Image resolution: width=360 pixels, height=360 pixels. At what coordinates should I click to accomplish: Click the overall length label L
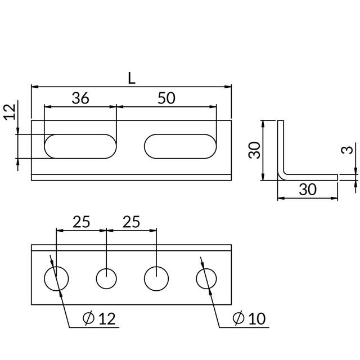[131, 78]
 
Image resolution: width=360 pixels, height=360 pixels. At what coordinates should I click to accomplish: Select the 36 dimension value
[80, 98]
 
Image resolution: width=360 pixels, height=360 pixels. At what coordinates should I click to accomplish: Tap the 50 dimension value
[166, 98]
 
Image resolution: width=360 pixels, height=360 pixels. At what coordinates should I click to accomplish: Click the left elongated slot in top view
[80, 146]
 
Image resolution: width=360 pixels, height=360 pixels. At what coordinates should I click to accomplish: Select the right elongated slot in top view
[180, 146]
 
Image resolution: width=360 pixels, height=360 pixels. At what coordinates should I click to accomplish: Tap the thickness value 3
[349, 150]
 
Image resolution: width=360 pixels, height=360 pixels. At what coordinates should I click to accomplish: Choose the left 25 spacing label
[81, 222]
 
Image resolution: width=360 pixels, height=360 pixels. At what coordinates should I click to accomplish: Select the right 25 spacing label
[131, 222]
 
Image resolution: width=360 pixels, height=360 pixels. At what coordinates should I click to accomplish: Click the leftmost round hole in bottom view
[56, 278]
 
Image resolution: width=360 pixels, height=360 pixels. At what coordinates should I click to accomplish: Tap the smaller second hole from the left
[106, 278]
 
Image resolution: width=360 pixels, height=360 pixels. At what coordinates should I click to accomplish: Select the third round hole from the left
[156, 278]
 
